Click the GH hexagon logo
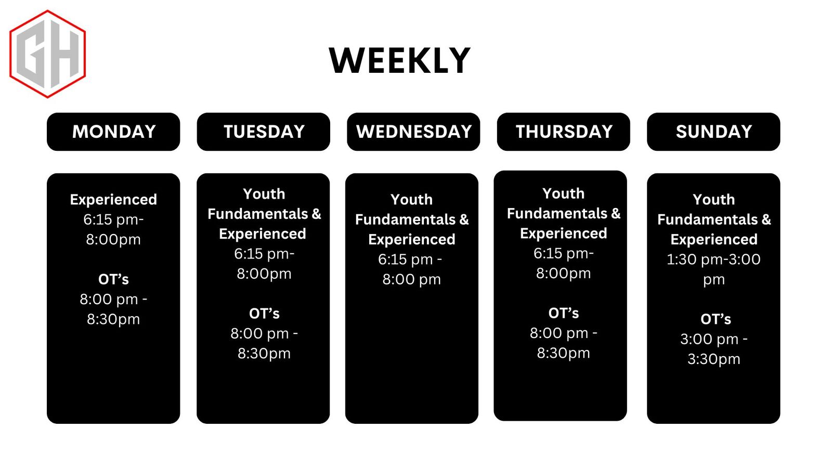point(47,54)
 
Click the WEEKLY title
point(400,60)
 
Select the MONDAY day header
point(114,132)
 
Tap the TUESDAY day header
point(264,132)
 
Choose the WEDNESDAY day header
point(414,132)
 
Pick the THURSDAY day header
point(564,132)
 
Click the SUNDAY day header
point(714,132)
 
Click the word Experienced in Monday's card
point(114,200)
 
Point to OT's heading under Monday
point(114,279)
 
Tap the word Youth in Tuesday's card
point(264,194)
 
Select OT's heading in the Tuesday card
point(265,314)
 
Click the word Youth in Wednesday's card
point(411,200)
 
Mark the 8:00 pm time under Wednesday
point(411,279)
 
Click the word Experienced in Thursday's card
point(564,233)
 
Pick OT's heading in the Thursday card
point(564,314)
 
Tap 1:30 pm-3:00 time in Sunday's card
point(713,259)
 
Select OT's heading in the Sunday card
point(716,319)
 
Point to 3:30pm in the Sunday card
point(714,359)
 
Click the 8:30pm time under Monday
point(114,319)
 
